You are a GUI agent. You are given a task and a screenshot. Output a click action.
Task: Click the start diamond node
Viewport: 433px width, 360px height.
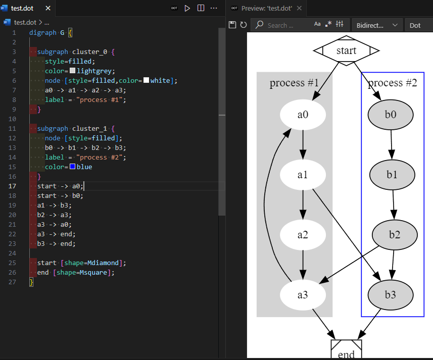(346, 50)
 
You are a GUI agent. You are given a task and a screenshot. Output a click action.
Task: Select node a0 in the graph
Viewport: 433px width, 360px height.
(303, 115)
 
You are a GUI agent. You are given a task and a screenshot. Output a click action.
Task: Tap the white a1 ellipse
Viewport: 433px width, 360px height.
(303, 175)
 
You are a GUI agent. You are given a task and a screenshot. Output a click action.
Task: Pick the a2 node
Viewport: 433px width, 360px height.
(303, 235)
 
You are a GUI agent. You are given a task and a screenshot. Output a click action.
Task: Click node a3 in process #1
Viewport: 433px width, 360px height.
(303, 294)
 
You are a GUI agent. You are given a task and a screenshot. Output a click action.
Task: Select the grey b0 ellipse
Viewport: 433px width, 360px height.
(391, 115)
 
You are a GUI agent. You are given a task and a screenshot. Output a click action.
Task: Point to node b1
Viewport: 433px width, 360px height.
(392, 175)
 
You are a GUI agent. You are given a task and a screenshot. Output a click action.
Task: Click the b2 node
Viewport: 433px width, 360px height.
(395, 235)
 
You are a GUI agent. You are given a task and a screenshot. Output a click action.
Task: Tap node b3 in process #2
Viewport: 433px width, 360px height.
(391, 294)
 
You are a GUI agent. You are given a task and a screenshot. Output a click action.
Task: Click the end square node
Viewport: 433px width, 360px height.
(346, 351)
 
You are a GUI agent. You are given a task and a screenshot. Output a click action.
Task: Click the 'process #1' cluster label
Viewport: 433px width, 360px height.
(294, 83)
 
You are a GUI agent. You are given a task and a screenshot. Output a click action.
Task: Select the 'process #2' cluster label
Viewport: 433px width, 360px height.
(393, 83)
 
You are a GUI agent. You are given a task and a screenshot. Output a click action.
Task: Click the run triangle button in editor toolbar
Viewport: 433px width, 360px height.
(187, 8)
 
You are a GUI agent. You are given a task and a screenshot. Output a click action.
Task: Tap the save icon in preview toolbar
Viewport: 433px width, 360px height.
(232, 25)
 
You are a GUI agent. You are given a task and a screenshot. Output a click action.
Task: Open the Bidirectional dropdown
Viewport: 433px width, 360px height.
(377, 25)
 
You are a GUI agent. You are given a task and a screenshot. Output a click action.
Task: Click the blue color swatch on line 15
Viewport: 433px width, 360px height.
(73, 167)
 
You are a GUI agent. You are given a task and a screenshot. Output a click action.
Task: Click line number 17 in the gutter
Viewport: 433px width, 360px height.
(14, 186)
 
